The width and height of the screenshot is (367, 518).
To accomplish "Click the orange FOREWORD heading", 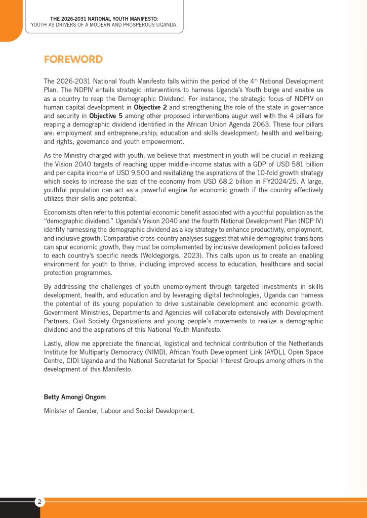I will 73,59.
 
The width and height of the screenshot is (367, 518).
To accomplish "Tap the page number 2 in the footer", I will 40,502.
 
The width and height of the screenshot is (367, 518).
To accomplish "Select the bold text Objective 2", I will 151,107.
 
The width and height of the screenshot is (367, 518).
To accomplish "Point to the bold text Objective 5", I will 106,116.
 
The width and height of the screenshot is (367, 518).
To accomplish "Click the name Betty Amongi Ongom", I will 75,397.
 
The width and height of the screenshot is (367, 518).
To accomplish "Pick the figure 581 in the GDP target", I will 297,164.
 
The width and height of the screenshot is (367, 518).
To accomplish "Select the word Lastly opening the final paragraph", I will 54,343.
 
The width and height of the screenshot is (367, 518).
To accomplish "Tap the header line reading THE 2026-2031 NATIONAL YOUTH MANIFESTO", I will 104,19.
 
